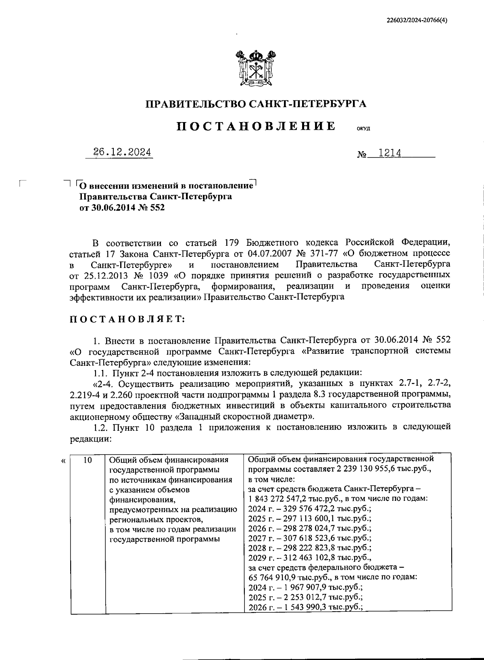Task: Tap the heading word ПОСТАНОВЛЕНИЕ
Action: [x=257, y=126]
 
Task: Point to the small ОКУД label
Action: [x=363, y=129]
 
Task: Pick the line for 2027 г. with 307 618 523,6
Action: [x=310, y=538]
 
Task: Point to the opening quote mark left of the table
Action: [x=63, y=461]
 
